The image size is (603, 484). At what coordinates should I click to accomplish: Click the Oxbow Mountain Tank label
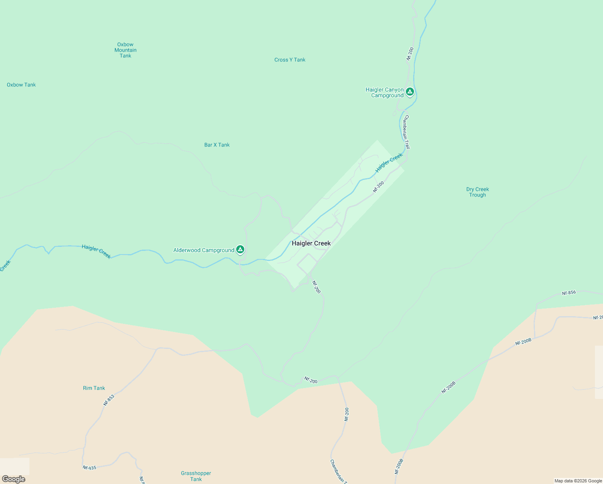pos(125,50)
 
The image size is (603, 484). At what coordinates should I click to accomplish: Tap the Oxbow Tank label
pos(21,85)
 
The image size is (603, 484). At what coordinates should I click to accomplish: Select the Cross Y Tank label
pos(290,60)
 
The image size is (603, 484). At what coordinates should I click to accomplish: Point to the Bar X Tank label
pos(217,145)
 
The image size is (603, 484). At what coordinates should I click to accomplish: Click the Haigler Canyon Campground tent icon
pos(410,92)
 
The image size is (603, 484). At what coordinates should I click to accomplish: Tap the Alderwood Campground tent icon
pos(240,250)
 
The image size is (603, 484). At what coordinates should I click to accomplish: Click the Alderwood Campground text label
pos(204,250)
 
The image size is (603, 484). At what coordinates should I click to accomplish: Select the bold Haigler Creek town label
pos(311,243)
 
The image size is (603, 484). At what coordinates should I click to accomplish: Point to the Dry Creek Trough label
pos(478,192)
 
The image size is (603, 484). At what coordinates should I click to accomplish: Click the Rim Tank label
pos(94,388)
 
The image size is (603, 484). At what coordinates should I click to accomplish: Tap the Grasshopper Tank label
pos(196,476)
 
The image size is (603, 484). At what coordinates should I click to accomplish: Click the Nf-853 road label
pos(109,400)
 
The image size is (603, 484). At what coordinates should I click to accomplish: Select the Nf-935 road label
pos(89,467)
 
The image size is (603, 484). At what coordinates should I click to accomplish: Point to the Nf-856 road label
pos(569,293)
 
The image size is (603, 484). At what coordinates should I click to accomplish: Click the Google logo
pos(14,479)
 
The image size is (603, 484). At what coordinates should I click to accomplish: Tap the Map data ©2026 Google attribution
pos(578,481)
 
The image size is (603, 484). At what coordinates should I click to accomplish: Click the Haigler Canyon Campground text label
pos(385,92)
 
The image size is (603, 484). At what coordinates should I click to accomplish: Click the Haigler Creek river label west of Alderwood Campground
pos(96,251)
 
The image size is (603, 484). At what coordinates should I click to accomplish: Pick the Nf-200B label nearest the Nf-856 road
pos(523,342)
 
